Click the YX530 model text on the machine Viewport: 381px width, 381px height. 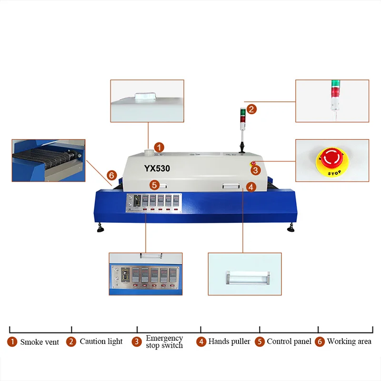(x=157, y=168)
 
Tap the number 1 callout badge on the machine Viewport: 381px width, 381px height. (x=160, y=148)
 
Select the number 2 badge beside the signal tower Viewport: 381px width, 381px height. (x=252, y=109)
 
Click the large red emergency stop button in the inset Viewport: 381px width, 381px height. (x=331, y=157)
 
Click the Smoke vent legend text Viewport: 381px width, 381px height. (x=40, y=342)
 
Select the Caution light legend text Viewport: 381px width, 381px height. (x=101, y=341)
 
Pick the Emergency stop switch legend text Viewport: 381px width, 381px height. (x=164, y=341)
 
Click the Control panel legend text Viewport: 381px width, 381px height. (x=289, y=341)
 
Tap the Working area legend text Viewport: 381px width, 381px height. (x=349, y=341)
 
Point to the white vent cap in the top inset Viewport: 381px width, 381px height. (x=143, y=96)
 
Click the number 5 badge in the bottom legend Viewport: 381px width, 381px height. (x=260, y=341)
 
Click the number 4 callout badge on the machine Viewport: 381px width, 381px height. (x=251, y=187)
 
